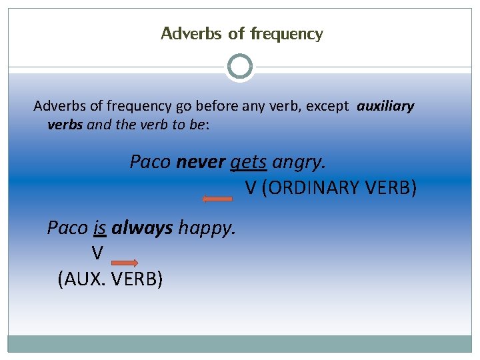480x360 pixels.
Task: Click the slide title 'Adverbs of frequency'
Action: tap(241, 33)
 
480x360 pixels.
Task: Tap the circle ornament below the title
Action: tap(240, 67)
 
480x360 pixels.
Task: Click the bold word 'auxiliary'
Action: tap(385, 106)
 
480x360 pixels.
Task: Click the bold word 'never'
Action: tap(200, 162)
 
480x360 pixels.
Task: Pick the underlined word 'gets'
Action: tap(248, 162)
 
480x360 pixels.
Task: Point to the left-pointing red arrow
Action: tap(217, 198)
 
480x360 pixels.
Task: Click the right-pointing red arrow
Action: tap(124, 263)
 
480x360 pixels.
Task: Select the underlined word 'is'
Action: tap(100, 228)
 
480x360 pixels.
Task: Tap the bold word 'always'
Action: tap(142, 228)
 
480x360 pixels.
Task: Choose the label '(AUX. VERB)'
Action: tap(110, 279)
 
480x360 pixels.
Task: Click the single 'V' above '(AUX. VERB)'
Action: tap(97, 253)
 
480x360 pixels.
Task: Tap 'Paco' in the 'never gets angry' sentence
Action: tap(150, 162)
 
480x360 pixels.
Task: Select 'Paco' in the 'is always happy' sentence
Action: tap(67, 228)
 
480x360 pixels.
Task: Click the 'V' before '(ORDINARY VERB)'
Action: tap(251, 188)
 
